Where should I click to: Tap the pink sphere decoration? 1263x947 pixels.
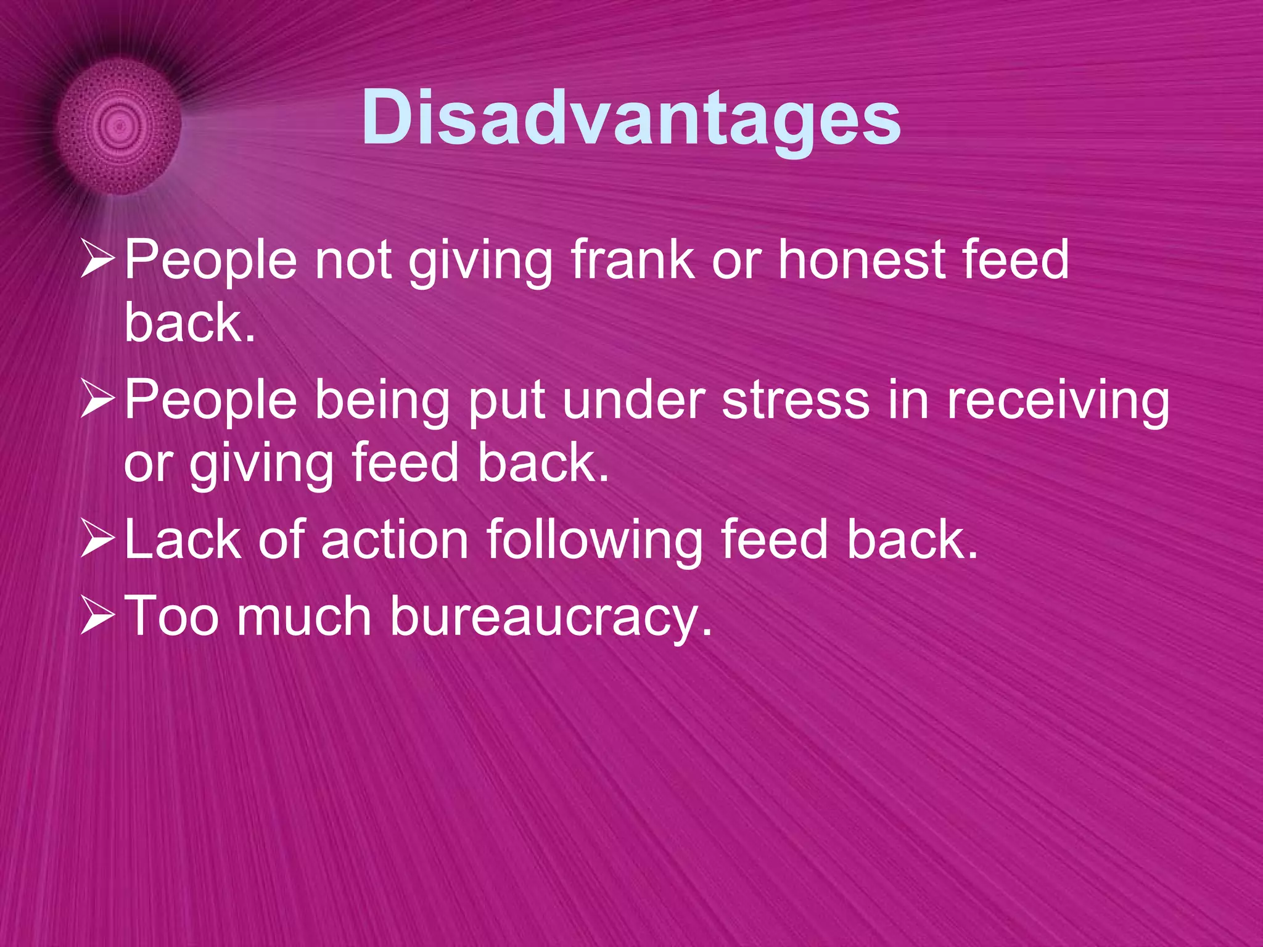(x=119, y=126)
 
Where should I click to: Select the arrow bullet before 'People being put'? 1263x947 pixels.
(x=97, y=400)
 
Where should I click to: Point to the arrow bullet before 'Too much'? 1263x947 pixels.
(x=97, y=616)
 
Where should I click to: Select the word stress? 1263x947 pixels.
(x=796, y=400)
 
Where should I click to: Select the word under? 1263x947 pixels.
(x=633, y=400)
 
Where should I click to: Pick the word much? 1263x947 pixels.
(x=304, y=616)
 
